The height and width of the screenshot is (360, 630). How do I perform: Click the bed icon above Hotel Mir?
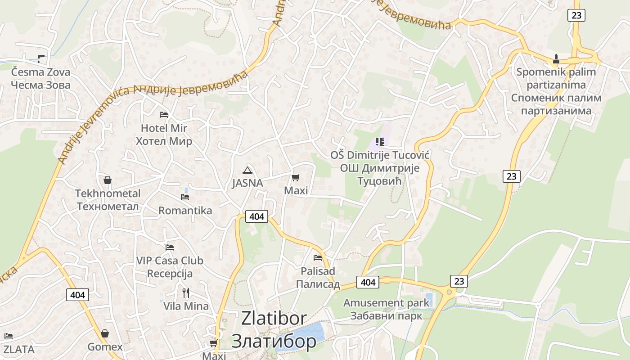(164, 115)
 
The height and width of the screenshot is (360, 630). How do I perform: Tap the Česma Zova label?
(40, 72)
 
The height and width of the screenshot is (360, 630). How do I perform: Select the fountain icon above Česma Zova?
(41, 58)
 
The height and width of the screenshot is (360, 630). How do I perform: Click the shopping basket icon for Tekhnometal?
(108, 180)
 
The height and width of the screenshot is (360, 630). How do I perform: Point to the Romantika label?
(185, 211)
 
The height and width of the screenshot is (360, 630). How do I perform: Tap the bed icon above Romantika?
(185, 197)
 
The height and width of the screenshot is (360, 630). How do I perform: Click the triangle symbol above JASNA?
(247, 170)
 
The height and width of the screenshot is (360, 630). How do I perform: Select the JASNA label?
(247, 183)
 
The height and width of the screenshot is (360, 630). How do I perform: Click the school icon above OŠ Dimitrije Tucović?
(380, 142)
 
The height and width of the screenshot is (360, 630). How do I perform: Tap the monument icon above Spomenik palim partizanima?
(556, 58)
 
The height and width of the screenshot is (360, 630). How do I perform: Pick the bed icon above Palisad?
(318, 258)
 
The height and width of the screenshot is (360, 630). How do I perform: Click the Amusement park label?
(387, 303)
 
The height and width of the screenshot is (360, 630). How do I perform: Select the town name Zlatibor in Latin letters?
(274, 318)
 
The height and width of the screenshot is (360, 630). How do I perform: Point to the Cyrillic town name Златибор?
(274, 342)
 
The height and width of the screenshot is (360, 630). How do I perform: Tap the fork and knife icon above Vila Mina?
(186, 293)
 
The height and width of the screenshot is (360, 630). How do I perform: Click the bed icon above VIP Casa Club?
(170, 247)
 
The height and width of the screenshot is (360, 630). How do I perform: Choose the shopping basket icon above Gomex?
(105, 333)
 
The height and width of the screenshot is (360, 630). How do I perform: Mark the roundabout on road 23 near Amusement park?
(449, 292)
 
